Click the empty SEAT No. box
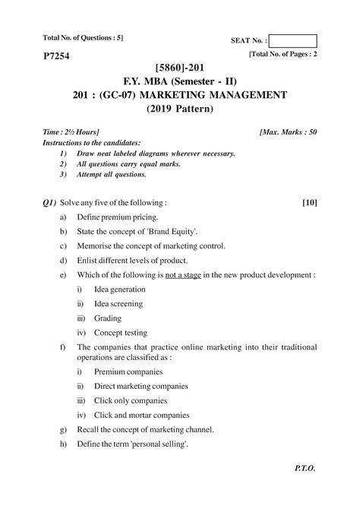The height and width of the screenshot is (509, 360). (x=292, y=41)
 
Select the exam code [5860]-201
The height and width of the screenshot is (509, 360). (x=179, y=68)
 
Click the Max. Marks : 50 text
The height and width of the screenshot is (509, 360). (x=288, y=131)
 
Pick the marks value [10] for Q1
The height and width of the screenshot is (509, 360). (x=308, y=203)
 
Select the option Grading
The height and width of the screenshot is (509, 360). (x=108, y=318)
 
